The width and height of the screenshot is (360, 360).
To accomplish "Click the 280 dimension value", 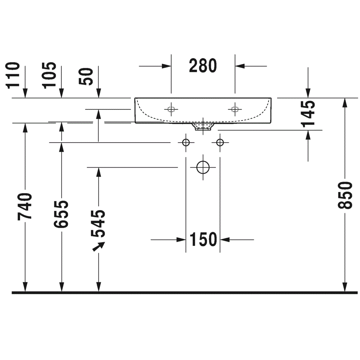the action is click(203, 66).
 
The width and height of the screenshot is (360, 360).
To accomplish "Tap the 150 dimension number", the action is click(204, 239).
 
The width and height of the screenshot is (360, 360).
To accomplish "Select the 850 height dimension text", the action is click(345, 195).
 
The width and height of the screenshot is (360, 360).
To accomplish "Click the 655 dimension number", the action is click(61, 214).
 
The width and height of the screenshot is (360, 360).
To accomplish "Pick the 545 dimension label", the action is click(98, 224).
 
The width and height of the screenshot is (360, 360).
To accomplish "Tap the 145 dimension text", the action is click(308, 114).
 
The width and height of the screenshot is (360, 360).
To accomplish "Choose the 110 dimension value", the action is click(12, 75).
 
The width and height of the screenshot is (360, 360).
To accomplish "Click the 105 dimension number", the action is click(49, 75).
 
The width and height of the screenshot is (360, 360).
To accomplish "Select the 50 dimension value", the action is click(86, 77).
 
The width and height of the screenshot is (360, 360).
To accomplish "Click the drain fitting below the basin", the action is click(203, 127).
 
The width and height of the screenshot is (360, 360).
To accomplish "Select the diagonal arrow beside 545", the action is click(99, 247).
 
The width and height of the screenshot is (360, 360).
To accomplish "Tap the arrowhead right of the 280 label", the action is click(240, 66).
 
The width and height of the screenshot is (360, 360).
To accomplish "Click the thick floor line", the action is click(185, 293).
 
